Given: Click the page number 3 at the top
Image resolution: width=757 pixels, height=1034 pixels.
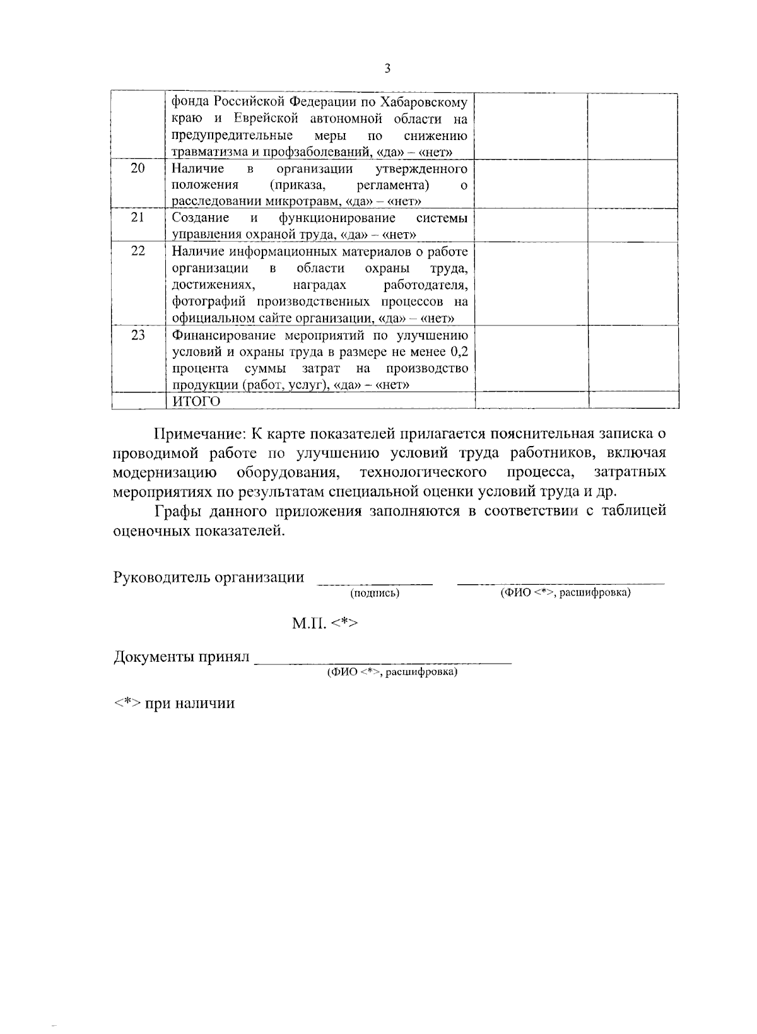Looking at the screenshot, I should tap(387, 68).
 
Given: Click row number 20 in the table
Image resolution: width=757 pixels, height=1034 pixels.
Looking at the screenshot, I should tap(138, 168).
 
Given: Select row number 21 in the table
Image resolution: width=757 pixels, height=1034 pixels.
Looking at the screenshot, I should tap(138, 217).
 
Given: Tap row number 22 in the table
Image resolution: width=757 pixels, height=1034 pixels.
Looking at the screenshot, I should tap(138, 251).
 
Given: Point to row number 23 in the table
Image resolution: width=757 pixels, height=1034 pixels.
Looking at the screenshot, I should tap(138, 335).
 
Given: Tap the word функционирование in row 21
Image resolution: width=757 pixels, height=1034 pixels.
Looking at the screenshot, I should tap(337, 218).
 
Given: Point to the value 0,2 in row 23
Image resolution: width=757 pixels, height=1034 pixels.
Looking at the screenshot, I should tap(457, 352).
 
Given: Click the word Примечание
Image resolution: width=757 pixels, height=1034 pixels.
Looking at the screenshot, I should tap(199, 434).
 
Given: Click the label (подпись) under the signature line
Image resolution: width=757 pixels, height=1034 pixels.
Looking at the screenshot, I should tap(375, 594).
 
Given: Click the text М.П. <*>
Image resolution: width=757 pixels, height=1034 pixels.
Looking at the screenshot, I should tap(324, 624).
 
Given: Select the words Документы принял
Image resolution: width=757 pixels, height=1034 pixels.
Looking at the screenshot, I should tap(182, 657).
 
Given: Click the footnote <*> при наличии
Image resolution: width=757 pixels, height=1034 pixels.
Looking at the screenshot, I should tap(174, 703).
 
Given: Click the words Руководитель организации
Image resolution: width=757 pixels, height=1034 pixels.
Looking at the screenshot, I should tap(208, 577).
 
